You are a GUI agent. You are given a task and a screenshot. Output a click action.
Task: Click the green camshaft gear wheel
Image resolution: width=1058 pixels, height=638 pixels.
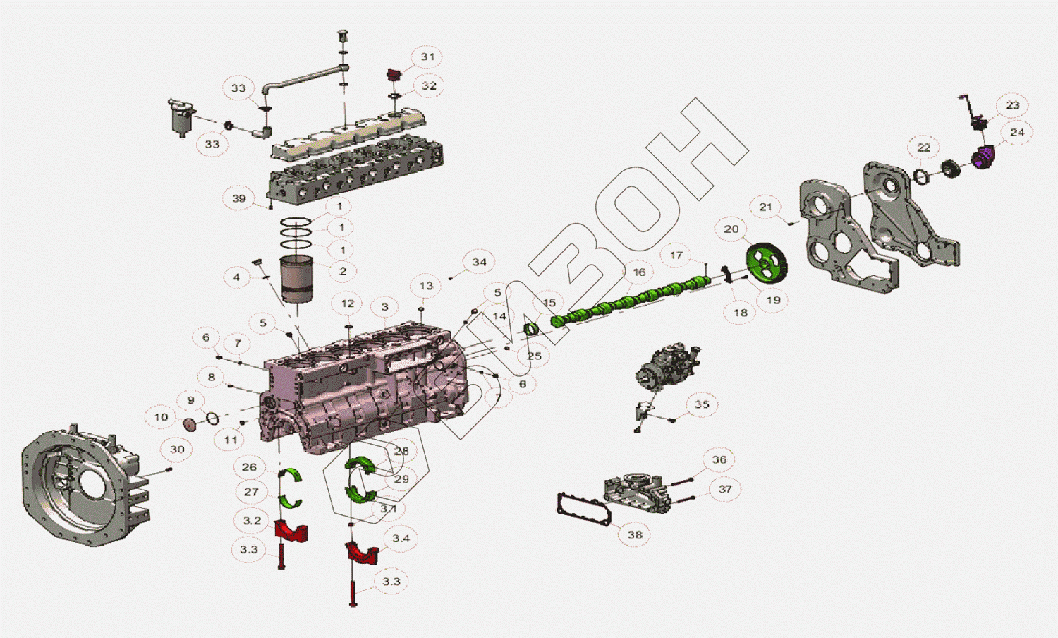pyautogui.click(x=767, y=263)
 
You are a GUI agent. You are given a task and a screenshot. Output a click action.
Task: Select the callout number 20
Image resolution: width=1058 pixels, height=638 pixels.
pyautogui.click(x=731, y=229)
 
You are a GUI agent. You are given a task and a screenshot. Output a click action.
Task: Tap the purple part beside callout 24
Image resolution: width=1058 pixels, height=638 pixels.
pyautogui.click(x=983, y=157)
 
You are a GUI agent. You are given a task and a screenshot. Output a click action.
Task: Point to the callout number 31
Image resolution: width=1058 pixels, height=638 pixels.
pyautogui.click(x=428, y=57)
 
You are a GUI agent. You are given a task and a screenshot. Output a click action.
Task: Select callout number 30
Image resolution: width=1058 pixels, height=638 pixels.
pyautogui.click(x=177, y=450)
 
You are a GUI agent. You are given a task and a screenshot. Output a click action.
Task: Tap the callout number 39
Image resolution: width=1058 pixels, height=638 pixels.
pyautogui.click(x=239, y=198)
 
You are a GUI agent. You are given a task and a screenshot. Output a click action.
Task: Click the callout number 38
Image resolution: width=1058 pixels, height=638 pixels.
pyautogui.click(x=635, y=535)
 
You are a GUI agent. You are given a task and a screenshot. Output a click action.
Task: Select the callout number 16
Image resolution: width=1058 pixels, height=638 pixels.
pyautogui.click(x=639, y=272)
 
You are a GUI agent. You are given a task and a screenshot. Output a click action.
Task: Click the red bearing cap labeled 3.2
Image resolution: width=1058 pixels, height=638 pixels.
pyautogui.click(x=291, y=531)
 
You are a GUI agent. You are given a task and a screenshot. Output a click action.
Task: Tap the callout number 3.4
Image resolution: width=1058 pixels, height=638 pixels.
pyautogui.click(x=401, y=538)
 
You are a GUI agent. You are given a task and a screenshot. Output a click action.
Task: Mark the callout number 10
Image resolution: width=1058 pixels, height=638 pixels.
pyautogui.click(x=162, y=417)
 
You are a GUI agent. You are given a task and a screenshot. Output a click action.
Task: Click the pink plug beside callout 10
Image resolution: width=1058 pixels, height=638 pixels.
pyautogui.click(x=189, y=424)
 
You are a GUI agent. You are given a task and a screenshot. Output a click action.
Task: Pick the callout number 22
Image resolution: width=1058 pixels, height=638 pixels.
pyautogui.click(x=924, y=148)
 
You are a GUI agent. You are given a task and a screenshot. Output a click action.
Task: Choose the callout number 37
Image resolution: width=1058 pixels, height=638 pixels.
pyautogui.click(x=725, y=489)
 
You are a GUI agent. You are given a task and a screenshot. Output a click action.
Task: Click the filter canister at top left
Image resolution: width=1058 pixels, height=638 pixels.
pyautogui.click(x=182, y=117)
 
